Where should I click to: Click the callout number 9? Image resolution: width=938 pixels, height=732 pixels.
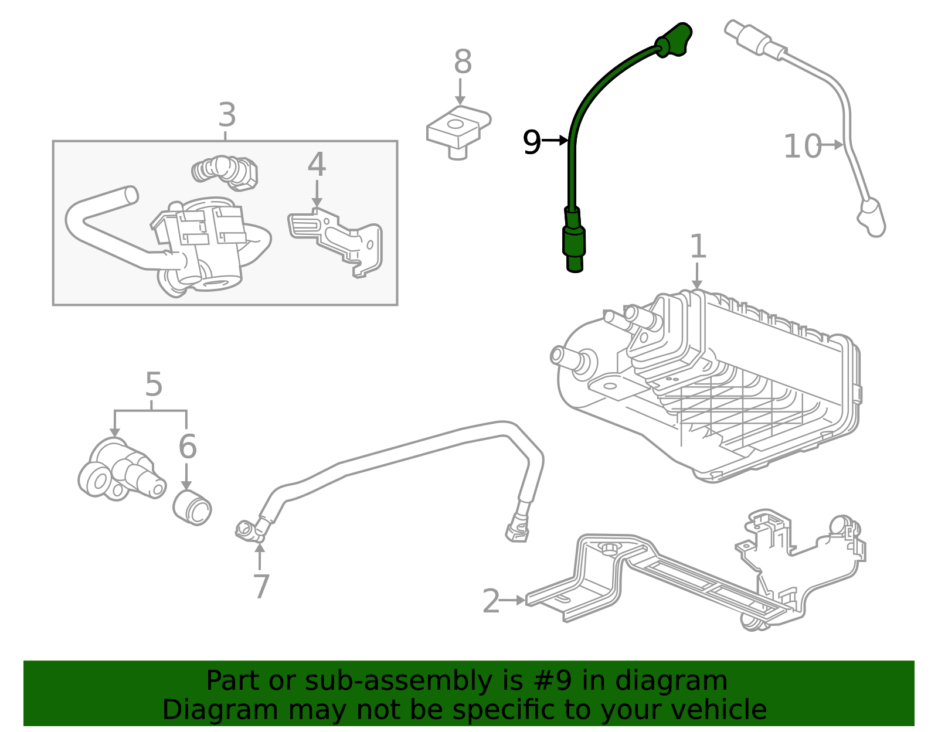[x=531, y=142]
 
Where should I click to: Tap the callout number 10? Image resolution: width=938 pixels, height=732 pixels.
[x=802, y=147]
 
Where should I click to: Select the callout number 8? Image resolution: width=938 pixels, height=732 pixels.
[x=463, y=62]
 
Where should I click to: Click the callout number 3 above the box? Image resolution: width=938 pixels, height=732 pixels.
[x=227, y=115]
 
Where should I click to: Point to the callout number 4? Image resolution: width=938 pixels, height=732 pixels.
[x=317, y=165]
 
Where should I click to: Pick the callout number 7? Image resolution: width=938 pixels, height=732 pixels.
[x=261, y=586]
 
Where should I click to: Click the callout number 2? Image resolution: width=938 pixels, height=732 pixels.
[x=491, y=601]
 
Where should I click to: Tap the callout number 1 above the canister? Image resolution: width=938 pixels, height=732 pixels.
[x=698, y=247]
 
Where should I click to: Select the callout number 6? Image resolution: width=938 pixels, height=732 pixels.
[x=187, y=447]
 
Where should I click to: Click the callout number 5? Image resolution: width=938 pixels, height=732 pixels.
[x=153, y=385]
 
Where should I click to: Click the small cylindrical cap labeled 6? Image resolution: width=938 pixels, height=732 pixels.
[x=192, y=508]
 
